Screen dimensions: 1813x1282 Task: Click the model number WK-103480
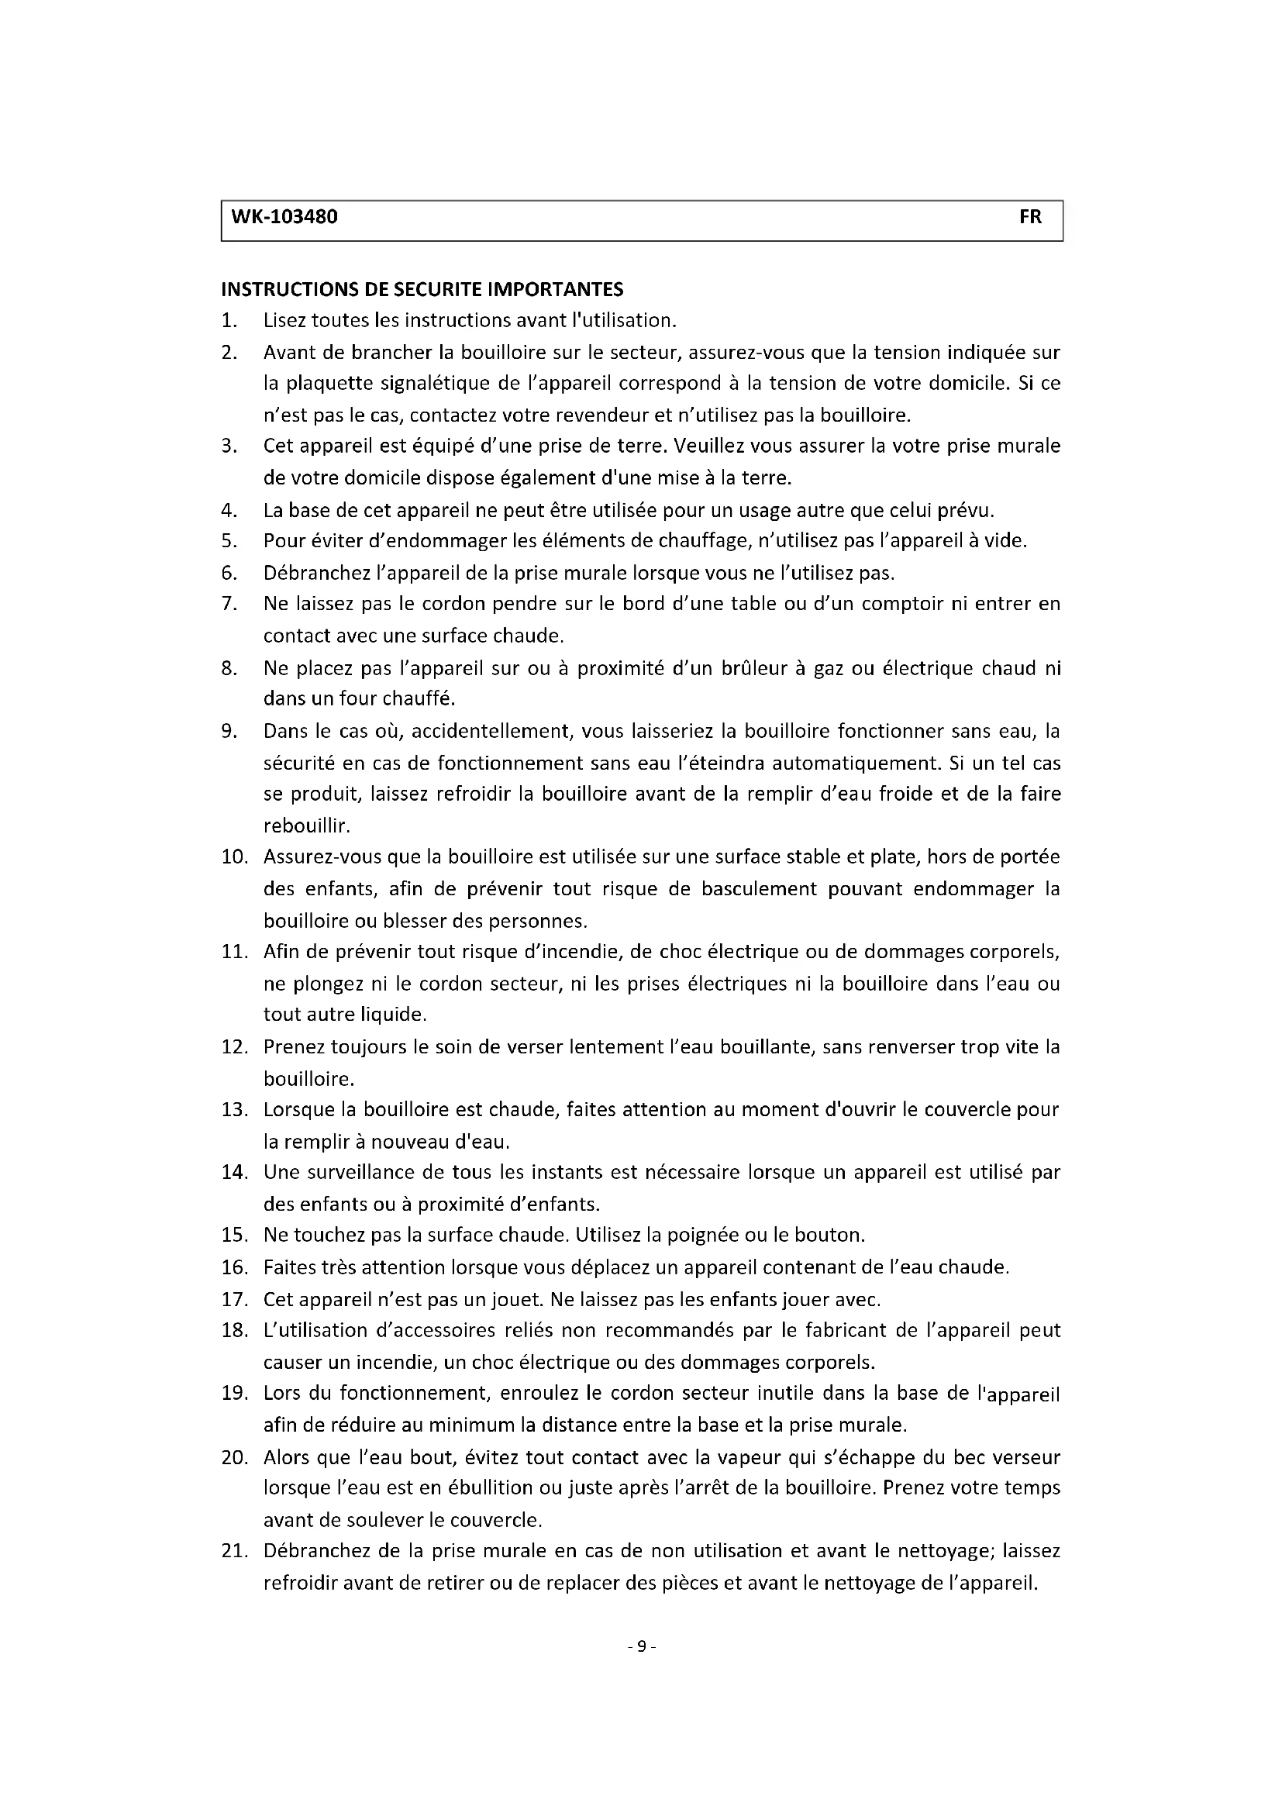pos(284,217)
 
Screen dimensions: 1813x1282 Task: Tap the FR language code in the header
pos(1030,217)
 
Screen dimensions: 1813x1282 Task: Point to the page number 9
pos(641,1646)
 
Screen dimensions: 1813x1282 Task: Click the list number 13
pos(233,1110)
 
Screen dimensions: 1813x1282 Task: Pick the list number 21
pos(233,1552)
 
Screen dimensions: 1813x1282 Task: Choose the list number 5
pos(229,542)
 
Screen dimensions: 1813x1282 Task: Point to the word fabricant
pos(845,1331)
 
